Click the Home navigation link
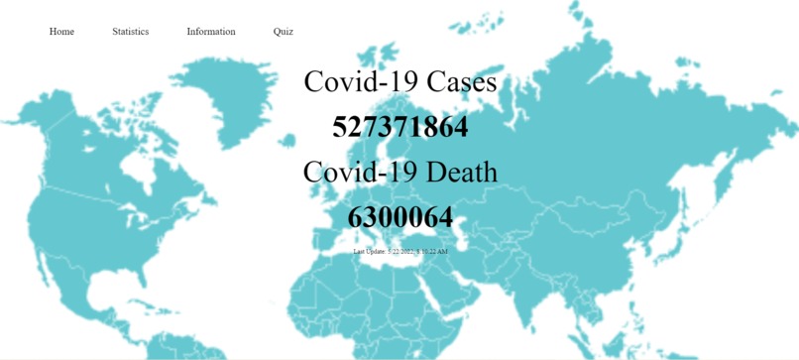(61, 32)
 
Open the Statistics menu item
(130, 32)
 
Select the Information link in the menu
(211, 32)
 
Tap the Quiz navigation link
(283, 32)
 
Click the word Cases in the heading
(462, 81)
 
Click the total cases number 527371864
(399, 127)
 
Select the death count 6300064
(399, 217)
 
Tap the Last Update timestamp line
(399, 252)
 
